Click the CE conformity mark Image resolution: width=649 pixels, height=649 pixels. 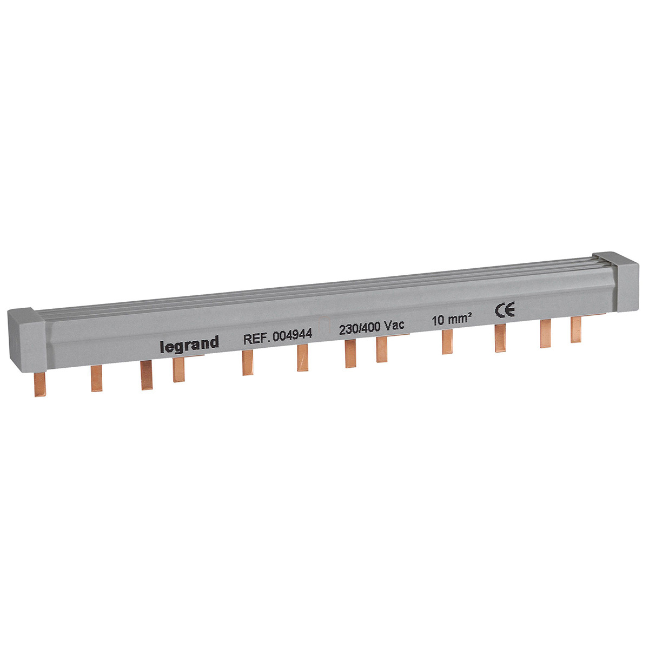coord(505,309)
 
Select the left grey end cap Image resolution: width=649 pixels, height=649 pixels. coord(27,340)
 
